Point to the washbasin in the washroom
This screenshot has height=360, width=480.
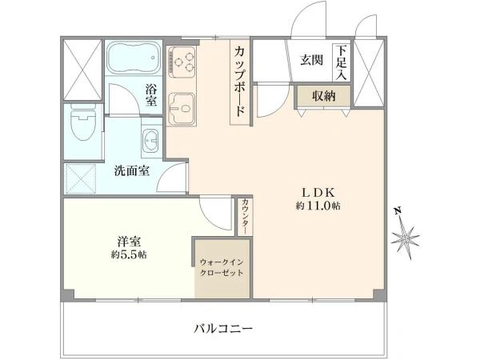(x=150, y=142)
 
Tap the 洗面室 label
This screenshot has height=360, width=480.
(x=130, y=170)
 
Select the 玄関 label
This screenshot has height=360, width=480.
(x=311, y=60)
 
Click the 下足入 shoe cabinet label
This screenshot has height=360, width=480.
(x=342, y=62)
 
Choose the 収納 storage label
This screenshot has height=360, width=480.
(x=323, y=95)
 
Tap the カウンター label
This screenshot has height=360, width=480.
(x=244, y=215)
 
